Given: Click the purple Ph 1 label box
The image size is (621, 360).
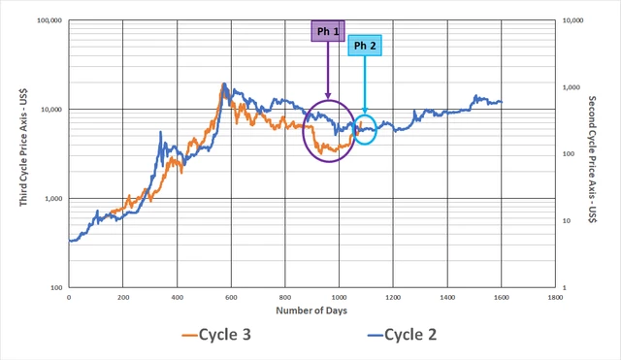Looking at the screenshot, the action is click(x=328, y=31).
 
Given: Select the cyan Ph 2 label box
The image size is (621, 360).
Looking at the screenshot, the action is click(x=365, y=46).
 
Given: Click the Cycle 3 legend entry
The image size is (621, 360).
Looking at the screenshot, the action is click(x=216, y=335).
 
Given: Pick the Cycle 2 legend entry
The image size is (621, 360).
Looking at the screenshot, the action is click(x=402, y=335).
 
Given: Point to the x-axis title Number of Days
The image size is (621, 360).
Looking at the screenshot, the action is click(x=311, y=311).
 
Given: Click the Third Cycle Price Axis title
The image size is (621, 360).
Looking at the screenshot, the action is click(x=23, y=147).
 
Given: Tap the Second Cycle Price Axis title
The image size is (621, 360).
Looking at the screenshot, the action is click(x=592, y=159).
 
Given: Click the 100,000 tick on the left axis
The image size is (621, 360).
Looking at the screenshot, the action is click(x=49, y=20).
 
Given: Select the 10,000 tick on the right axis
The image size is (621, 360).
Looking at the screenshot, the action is click(x=572, y=20).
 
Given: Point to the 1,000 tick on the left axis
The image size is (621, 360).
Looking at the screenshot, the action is click(x=53, y=198).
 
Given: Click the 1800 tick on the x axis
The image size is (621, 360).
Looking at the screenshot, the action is click(x=555, y=298).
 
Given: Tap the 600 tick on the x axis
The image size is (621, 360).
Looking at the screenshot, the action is click(x=231, y=298).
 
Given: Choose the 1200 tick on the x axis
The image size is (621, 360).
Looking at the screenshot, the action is click(x=393, y=298).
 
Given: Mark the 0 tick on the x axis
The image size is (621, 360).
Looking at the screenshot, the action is click(x=69, y=298).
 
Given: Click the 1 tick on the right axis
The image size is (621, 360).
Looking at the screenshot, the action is click(x=565, y=288).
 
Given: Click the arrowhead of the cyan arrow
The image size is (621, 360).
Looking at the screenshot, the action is click(x=365, y=111).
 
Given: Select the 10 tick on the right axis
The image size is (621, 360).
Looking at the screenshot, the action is click(x=567, y=220).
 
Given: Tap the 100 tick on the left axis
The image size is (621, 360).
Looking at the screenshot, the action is click(x=56, y=288).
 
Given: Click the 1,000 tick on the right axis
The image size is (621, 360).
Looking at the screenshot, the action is click(x=571, y=87).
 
